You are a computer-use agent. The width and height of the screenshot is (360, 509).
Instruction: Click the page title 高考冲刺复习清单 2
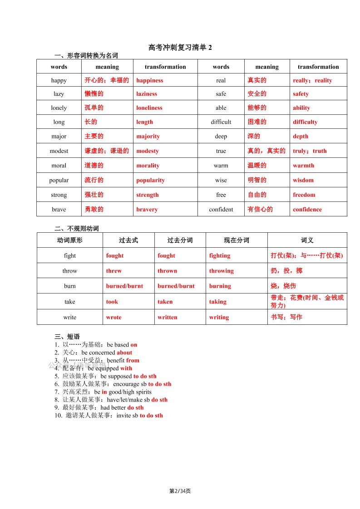coord(180,47)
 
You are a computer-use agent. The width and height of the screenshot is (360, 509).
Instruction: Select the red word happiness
coord(149,80)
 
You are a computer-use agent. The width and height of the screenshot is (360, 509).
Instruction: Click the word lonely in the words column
coord(59,108)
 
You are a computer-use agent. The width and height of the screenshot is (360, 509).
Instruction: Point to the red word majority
coord(148,136)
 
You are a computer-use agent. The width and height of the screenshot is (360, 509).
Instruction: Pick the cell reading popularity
coord(150,180)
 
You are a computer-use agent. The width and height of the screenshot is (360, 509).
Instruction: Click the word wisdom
coord(303,180)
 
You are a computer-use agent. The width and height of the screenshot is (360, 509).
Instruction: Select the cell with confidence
coord(307,210)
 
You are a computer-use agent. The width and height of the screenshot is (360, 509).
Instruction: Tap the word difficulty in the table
coord(305,122)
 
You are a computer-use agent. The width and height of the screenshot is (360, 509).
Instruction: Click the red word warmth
coord(303,166)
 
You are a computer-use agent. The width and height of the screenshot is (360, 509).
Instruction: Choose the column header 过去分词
coord(180,240)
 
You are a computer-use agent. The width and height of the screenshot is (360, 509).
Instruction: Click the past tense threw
coord(114,271)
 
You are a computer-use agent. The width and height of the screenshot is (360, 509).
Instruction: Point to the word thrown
coord(168,271)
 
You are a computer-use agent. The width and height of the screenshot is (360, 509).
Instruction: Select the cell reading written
coord(168,317)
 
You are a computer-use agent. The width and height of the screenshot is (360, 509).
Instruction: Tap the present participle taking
coord(218,302)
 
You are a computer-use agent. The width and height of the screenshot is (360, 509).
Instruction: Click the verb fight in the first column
coord(70,255)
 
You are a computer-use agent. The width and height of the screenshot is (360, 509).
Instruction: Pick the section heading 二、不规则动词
coord(76,228)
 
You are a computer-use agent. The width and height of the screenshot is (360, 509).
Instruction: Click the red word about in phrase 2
coord(124,352)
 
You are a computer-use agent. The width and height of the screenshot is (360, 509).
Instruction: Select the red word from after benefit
coord(133,361)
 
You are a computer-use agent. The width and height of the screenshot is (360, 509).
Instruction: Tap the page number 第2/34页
coord(180,491)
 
